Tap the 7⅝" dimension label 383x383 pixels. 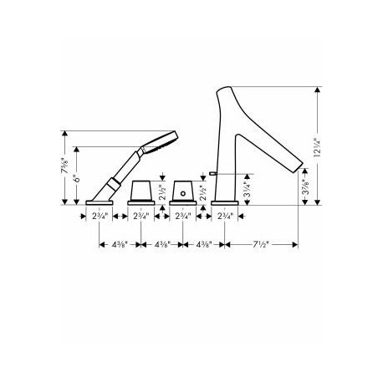(x=64, y=166)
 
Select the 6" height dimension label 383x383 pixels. (x=77, y=176)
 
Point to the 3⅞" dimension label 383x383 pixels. (x=306, y=186)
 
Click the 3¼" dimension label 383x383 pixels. (x=248, y=189)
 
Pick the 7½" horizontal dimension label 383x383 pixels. (x=261, y=244)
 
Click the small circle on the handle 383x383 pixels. (x=183, y=193)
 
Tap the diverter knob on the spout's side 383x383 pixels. (x=212, y=174)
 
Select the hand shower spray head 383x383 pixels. (x=160, y=142)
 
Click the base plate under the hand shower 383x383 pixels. (x=100, y=202)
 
